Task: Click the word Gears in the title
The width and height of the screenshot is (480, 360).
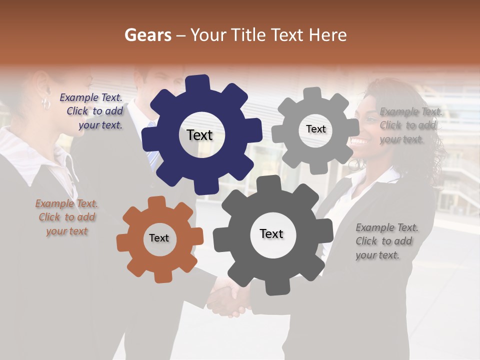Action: coord(147,35)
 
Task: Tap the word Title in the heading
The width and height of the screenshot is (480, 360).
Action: coord(249,35)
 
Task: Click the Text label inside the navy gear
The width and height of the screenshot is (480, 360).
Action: coord(199,135)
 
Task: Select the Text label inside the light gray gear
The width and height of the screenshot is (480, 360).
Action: coord(315,129)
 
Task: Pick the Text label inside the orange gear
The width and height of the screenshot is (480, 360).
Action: coord(159,238)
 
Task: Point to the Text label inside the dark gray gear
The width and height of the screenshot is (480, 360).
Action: coord(271,233)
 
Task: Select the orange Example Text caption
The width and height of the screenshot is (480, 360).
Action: coord(66,217)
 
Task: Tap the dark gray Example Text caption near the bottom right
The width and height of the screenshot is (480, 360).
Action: coord(386,241)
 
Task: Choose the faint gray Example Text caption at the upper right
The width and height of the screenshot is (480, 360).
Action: coord(410,125)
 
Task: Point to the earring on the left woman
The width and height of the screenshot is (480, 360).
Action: coord(46,103)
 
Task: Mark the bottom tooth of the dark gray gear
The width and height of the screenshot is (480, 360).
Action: coord(273,287)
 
